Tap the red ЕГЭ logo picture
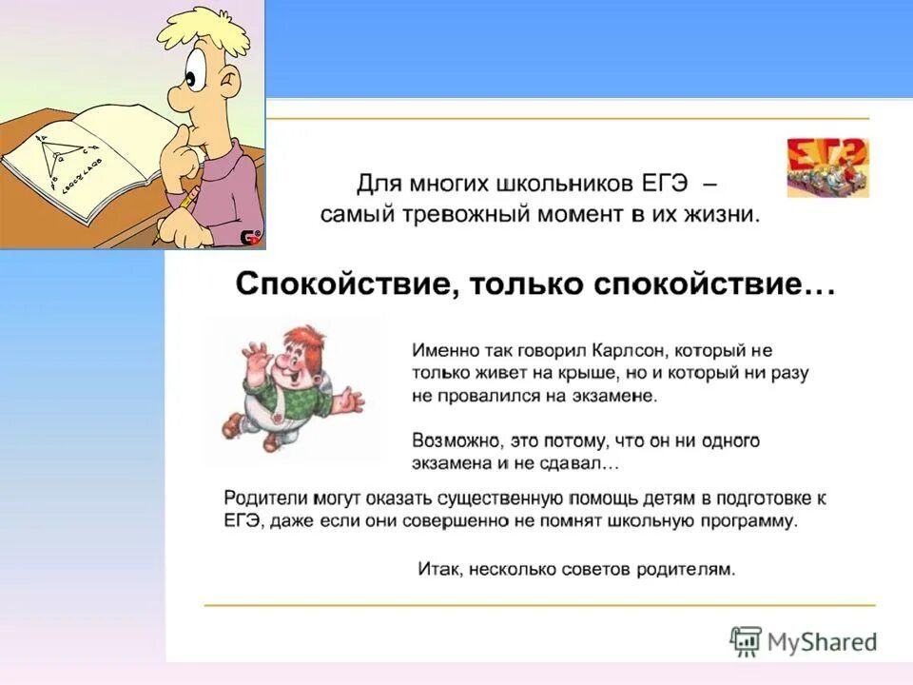(826, 167)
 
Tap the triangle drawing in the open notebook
(62, 157)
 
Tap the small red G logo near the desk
(250, 237)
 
